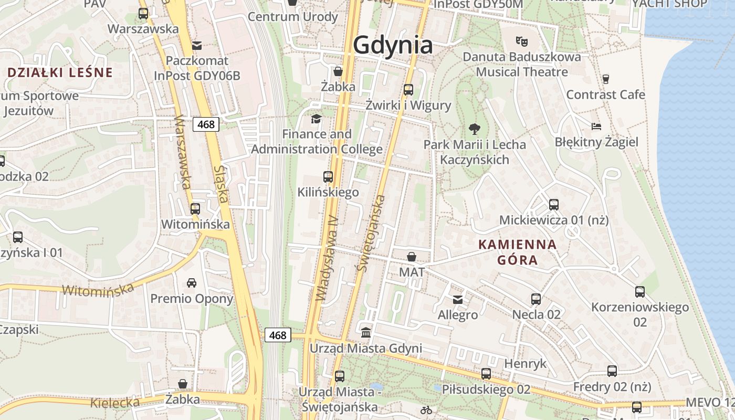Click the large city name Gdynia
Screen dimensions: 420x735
point(393,45)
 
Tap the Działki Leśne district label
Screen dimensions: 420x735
point(60,72)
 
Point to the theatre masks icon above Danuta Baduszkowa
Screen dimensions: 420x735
point(521,40)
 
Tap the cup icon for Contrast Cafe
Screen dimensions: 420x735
point(606,79)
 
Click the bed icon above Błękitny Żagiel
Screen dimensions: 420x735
point(596,127)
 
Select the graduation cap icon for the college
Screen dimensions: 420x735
point(316,119)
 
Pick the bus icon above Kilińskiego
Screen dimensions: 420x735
point(328,177)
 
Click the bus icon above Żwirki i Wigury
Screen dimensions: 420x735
point(408,90)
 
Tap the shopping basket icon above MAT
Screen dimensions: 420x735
point(412,257)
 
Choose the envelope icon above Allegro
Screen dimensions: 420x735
point(458,299)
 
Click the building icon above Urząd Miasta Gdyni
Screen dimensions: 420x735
point(365,333)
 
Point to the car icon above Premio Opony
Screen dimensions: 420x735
point(192,283)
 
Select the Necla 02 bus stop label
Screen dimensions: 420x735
point(537,314)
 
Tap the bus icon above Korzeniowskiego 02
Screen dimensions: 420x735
point(639,292)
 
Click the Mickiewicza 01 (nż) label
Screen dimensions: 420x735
point(554,220)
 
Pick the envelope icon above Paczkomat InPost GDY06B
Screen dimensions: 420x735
point(197,46)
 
